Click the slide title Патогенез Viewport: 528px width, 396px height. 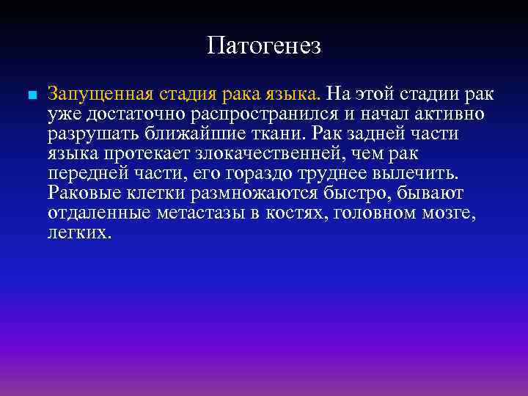click(264, 46)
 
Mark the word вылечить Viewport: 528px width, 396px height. click(419, 174)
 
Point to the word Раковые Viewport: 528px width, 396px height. click(81, 194)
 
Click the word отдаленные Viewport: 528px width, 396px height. click(100, 213)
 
